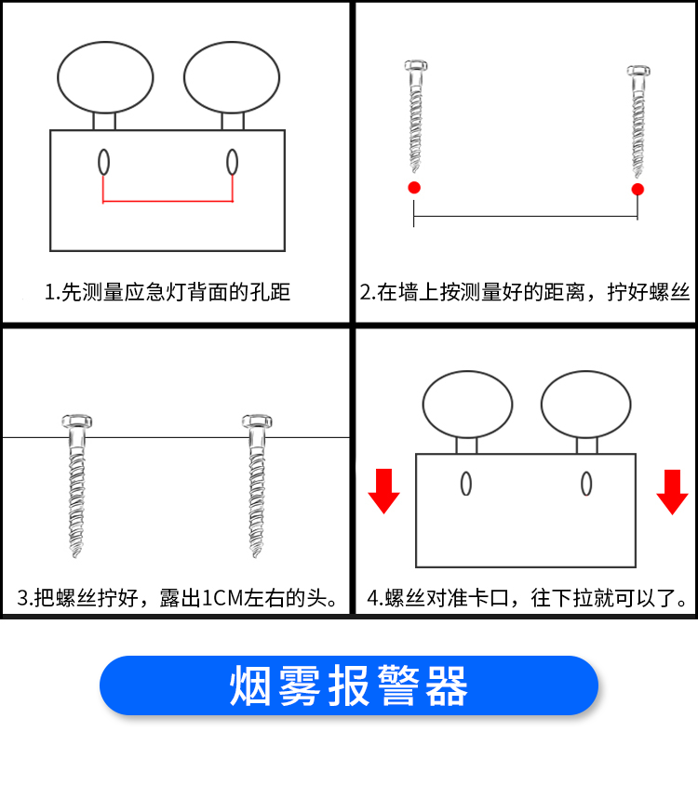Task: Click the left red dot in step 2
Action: (414, 188)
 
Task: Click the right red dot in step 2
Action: (638, 189)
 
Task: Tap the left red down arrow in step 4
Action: (383, 491)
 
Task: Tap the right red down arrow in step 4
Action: (672, 492)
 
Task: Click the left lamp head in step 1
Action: (105, 77)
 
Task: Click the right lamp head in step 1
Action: (232, 77)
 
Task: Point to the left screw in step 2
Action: (415, 116)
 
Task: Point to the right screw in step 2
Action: (638, 121)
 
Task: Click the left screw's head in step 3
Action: (76, 421)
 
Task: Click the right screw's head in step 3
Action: (257, 421)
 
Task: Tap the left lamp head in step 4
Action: (467, 405)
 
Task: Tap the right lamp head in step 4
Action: (585, 405)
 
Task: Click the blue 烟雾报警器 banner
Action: (349, 685)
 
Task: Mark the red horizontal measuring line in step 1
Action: (168, 201)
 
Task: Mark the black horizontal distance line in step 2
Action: (526, 217)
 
